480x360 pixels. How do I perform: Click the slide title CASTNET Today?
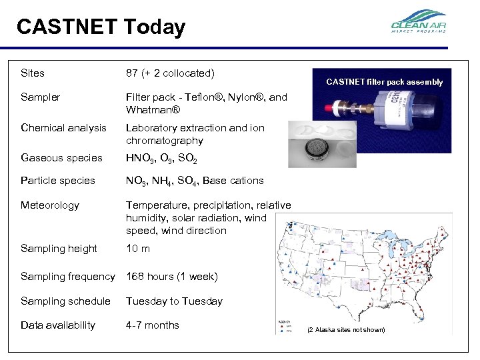[x=101, y=27]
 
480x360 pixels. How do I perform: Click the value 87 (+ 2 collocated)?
[x=170, y=72]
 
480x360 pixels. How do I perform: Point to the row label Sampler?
[x=40, y=97]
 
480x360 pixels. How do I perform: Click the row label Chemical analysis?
[x=63, y=127]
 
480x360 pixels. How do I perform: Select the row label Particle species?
[x=58, y=180]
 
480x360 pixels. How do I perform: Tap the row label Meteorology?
[x=50, y=205]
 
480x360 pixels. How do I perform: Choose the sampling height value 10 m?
[x=138, y=249]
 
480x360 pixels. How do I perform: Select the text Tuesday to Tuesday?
[x=174, y=301]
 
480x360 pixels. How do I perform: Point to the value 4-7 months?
[x=153, y=325]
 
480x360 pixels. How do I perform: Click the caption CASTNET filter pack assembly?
[x=384, y=82]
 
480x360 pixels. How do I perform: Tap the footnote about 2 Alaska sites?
[x=345, y=329]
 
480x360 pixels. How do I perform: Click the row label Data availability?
[x=58, y=325]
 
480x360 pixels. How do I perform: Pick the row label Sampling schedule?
[x=65, y=301]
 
